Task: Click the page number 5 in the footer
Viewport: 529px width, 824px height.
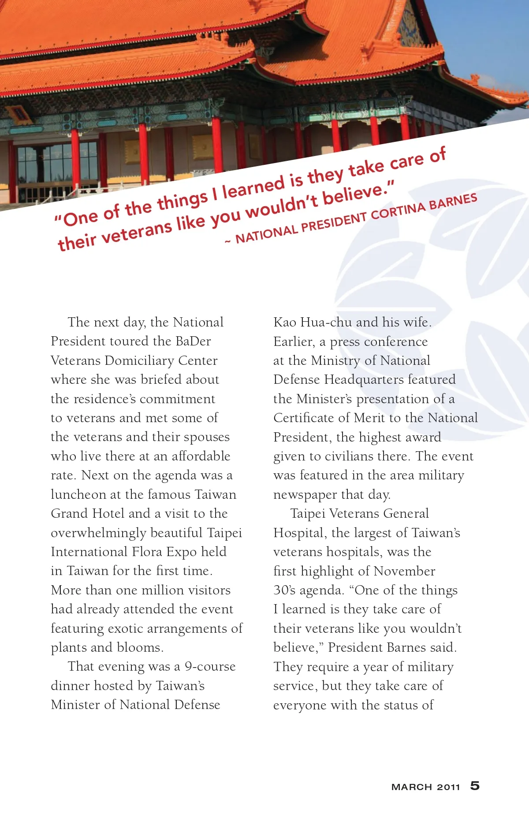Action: [x=475, y=786]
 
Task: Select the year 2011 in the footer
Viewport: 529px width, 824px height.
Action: [x=448, y=787]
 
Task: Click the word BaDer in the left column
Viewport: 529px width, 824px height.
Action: [x=193, y=341]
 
